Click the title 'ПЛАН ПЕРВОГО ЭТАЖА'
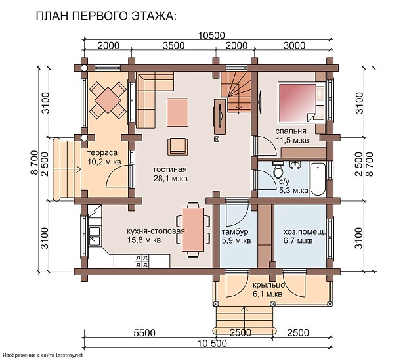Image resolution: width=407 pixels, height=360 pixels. pos(106,16)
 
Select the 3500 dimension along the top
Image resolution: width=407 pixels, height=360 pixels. pos(173,46)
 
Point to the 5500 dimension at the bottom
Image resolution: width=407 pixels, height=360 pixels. pos(144,332)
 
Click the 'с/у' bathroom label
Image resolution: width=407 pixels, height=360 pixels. pos(284,182)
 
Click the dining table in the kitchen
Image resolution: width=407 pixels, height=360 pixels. pos(193,228)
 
